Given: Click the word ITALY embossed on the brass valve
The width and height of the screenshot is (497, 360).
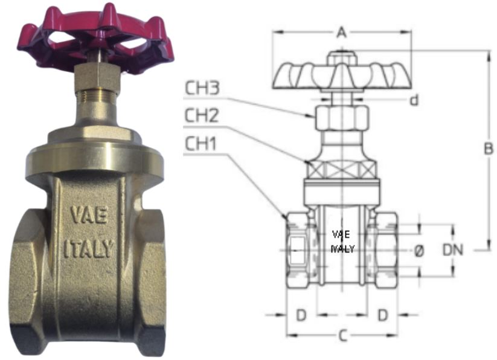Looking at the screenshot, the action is [89, 249].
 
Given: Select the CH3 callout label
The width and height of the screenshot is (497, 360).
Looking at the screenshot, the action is [202, 88].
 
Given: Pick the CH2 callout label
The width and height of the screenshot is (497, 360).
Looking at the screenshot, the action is [202, 115].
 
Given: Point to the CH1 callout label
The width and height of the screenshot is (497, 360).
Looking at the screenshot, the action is [200, 144].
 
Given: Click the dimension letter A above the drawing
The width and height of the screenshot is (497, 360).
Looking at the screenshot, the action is [341, 32].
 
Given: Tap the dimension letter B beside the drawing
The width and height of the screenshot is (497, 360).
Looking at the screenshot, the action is [489, 149].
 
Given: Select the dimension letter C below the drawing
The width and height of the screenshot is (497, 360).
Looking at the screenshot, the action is [342, 336].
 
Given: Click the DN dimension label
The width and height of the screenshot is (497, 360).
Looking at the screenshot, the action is [453, 249].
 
